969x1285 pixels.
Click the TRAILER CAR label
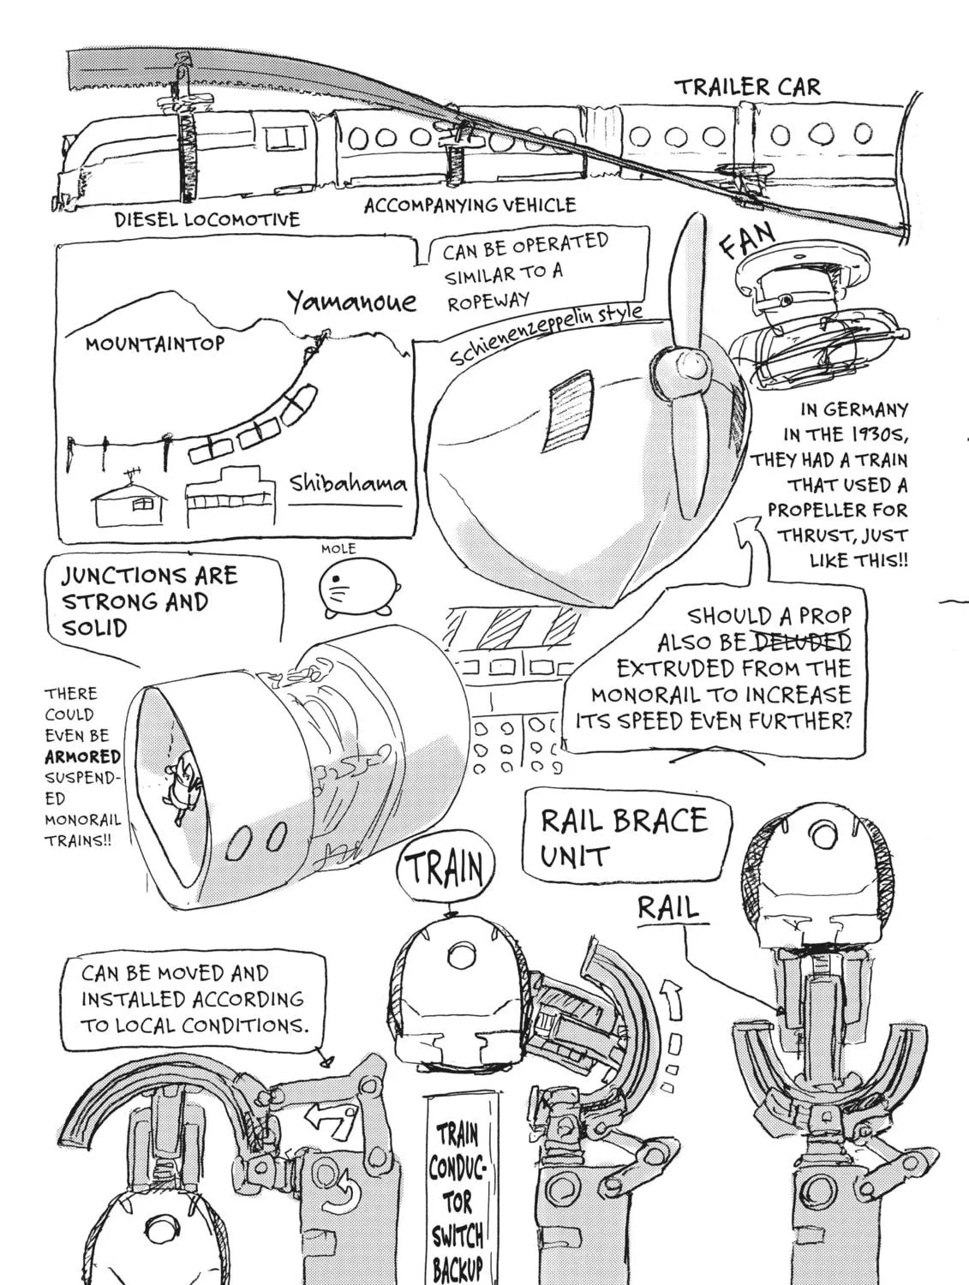tap(747, 87)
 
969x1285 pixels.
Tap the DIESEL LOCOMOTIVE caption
tap(206, 220)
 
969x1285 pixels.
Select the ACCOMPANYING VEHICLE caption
tap(470, 206)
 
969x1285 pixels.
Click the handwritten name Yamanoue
tap(352, 302)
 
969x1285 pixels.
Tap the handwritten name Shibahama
tap(349, 484)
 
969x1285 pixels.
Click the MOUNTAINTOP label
tap(154, 344)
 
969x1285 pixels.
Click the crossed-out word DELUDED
tap(801, 642)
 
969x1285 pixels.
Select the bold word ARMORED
tap(82, 757)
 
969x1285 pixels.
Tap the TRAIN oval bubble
tap(445, 868)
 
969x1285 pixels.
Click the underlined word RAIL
tap(668, 908)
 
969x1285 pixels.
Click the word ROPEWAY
tap(487, 302)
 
